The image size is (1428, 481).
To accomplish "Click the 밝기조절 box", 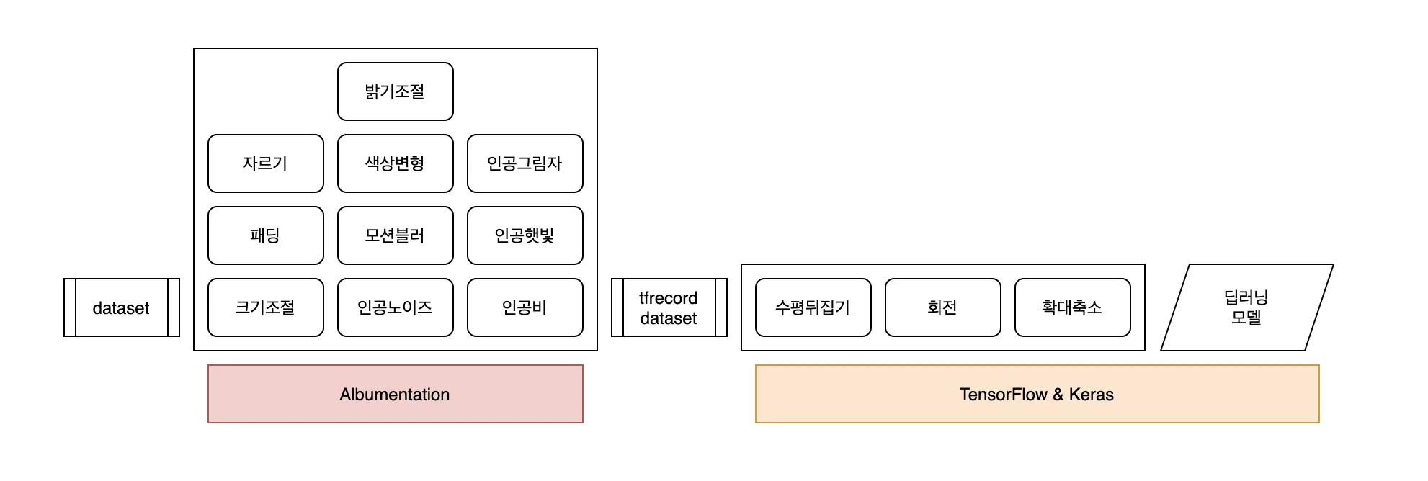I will (395, 91).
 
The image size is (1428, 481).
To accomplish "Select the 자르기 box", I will (265, 163).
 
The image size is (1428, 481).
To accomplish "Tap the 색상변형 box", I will (395, 163).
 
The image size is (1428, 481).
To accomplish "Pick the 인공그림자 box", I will (525, 163).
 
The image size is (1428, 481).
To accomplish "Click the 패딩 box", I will (265, 235).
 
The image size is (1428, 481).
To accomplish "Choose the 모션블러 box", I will (395, 235).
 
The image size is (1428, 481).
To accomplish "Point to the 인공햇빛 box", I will (525, 235).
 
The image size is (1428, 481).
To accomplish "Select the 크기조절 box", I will (265, 307).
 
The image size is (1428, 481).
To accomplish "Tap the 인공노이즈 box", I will (395, 307).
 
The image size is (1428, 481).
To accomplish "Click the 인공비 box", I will (525, 307).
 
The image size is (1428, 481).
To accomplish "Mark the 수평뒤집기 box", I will (813, 307).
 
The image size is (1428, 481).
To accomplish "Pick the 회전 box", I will (942, 307).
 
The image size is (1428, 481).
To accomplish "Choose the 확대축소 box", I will (1072, 307).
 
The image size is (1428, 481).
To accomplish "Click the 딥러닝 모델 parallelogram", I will (1246, 307).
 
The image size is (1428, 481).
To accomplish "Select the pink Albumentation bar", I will (395, 394).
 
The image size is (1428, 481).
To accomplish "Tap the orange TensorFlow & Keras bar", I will (1037, 394).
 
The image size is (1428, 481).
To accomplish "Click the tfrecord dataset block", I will (669, 307).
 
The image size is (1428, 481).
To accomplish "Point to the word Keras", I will (1091, 395).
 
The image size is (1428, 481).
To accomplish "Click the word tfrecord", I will (668, 298).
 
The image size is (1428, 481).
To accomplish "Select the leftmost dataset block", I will (121, 307).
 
